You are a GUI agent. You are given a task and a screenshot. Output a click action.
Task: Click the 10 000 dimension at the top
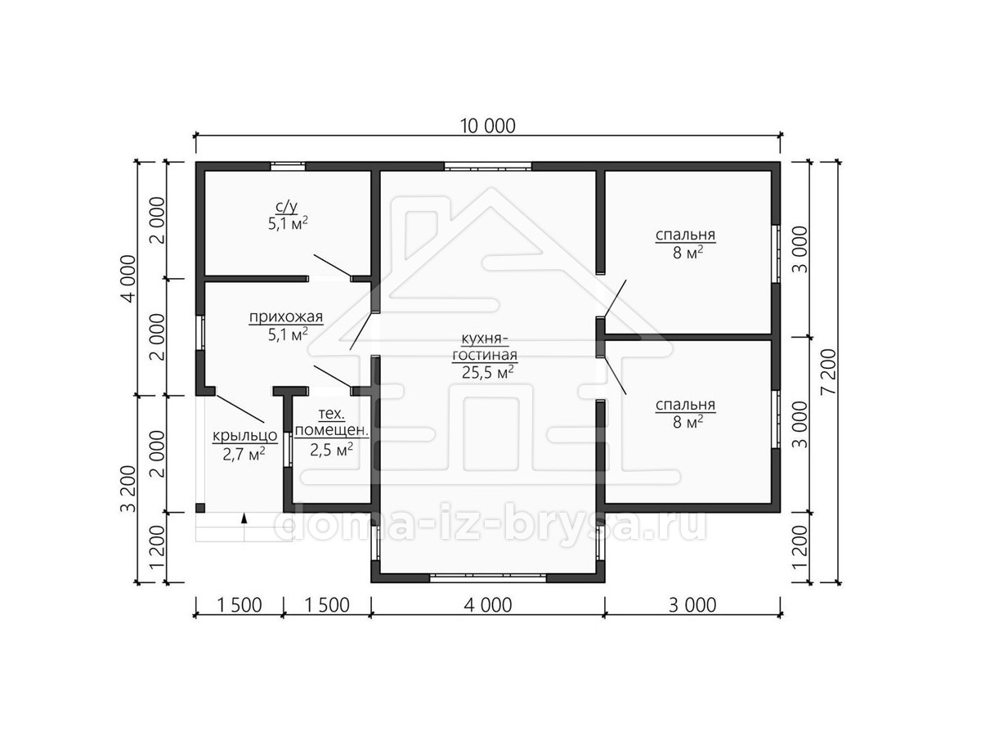click(487, 126)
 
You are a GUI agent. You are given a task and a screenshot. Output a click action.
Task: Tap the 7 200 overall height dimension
click(829, 372)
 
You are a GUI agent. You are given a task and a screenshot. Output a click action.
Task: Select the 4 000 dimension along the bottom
click(487, 605)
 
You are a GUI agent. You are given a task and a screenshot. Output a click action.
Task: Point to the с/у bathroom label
click(286, 206)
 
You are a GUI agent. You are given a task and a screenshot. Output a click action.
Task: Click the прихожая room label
click(286, 317)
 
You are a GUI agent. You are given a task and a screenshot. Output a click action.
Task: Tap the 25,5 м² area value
click(487, 372)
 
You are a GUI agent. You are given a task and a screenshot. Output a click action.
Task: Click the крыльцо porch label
click(245, 435)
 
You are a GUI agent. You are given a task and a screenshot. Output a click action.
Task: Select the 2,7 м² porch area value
click(244, 454)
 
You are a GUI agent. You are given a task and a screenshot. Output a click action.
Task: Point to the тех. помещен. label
click(332, 422)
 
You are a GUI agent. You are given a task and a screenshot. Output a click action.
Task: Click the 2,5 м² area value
click(332, 450)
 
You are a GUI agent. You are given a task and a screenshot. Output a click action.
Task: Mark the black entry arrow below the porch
click(244, 518)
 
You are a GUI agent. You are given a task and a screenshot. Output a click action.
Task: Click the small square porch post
click(200, 508)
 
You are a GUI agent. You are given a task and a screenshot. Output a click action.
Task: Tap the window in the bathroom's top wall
click(289, 166)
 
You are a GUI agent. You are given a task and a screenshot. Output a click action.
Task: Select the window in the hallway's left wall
click(200, 333)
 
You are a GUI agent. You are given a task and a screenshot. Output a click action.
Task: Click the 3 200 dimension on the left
click(128, 489)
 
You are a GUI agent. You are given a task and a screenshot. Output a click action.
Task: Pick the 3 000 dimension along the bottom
click(692, 605)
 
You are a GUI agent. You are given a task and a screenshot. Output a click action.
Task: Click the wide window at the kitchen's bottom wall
click(488, 578)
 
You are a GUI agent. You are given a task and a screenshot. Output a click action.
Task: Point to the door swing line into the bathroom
click(333, 266)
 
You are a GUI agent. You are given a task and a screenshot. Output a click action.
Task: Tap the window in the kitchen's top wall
click(488, 166)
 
